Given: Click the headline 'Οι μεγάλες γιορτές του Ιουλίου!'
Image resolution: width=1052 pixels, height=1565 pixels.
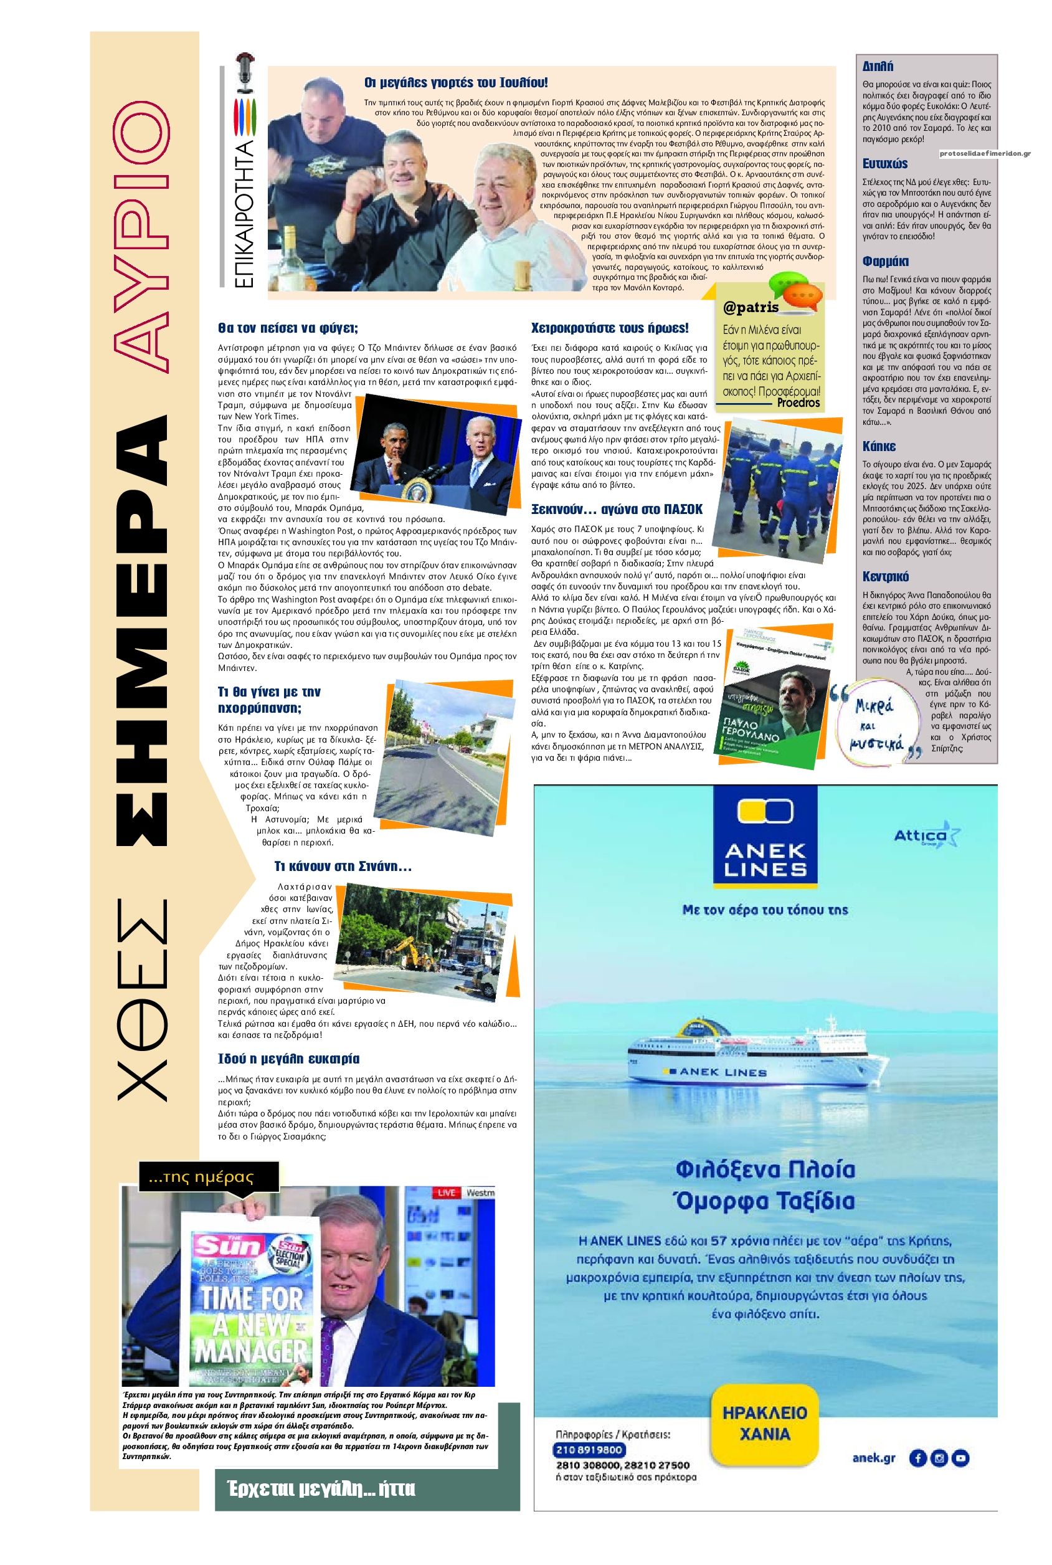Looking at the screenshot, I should [x=455, y=82].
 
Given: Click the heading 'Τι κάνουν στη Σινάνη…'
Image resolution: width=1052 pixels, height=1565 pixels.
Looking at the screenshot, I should [x=343, y=867].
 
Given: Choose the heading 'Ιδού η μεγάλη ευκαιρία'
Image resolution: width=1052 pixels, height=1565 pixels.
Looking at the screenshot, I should [x=288, y=1059].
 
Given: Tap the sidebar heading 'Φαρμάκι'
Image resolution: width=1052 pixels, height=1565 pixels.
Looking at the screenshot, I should [x=885, y=262].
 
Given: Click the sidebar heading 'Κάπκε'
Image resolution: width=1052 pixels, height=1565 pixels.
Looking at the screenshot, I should [x=879, y=446].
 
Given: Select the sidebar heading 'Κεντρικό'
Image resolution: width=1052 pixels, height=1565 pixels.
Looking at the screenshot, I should [x=886, y=576].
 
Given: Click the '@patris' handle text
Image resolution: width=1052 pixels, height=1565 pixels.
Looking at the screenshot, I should [x=751, y=308].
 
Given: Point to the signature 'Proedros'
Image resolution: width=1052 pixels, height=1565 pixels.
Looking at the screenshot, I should [x=798, y=402].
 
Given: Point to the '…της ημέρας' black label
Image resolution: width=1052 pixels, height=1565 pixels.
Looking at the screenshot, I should [x=200, y=1176].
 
